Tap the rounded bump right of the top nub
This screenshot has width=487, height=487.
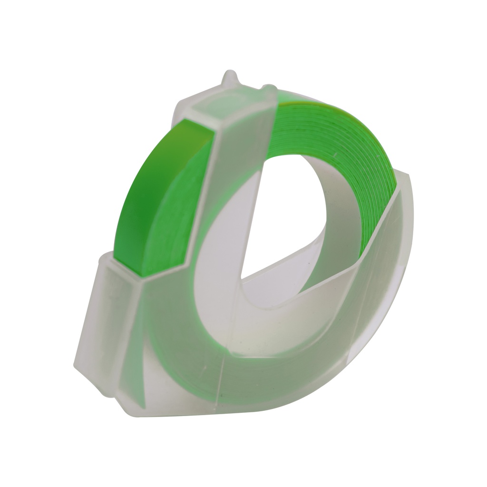[x=270, y=88]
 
